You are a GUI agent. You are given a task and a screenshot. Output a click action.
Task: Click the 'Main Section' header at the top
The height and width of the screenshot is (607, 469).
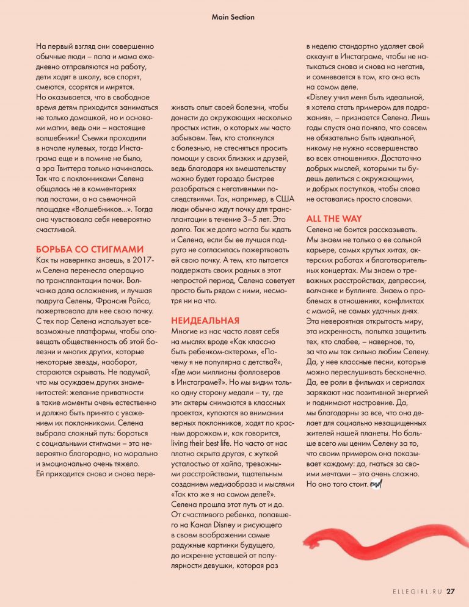click(233, 17)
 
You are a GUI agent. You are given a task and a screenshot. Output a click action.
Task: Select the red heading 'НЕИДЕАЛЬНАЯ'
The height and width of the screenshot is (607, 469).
click(205, 320)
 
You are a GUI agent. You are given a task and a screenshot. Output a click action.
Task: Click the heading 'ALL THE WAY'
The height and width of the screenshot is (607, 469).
click(333, 219)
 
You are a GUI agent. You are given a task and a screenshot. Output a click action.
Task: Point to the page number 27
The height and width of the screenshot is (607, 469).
click(451, 591)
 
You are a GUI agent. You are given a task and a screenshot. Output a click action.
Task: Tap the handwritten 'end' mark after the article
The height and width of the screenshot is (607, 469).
click(375, 484)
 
